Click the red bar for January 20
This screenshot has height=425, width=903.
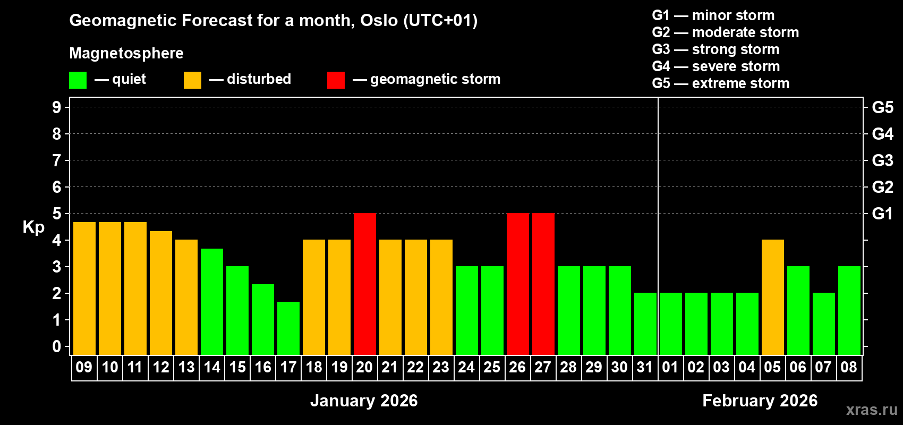(x=364, y=284)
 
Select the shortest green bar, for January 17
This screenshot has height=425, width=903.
(x=288, y=328)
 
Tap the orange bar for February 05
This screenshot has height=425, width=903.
(x=772, y=297)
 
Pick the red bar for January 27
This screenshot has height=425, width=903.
(x=543, y=284)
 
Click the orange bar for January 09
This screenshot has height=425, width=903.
(x=84, y=288)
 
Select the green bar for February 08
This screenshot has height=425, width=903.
(x=849, y=310)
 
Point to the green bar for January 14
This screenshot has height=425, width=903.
(x=211, y=301)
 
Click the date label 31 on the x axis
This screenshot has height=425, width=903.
(x=644, y=368)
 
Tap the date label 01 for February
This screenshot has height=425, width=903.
(x=670, y=368)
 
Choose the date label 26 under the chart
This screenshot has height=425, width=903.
(x=517, y=368)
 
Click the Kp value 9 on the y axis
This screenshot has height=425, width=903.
(x=57, y=107)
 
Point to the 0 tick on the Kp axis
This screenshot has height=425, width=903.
(x=57, y=347)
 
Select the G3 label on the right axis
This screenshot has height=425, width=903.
(x=882, y=160)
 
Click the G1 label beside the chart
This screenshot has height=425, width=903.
(x=882, y=214)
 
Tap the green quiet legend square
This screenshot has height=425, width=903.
(x=78, y=80)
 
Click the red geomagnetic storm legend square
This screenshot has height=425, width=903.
(x=336, y=80)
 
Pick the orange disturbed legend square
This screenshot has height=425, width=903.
(x=192, y=80)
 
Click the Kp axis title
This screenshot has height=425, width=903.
(x=33, y=227)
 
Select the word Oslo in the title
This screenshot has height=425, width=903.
(x=379, y=21)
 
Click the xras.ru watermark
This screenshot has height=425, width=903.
(x=872, y=409)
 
